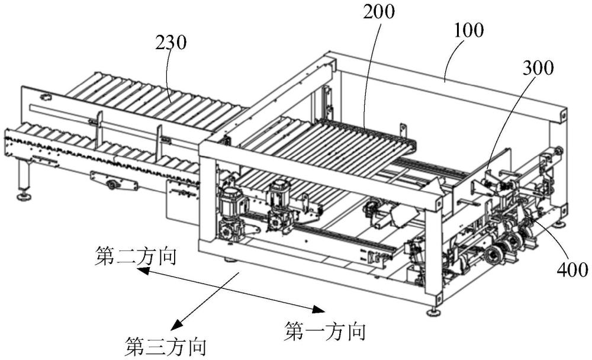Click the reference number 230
pyautogui.click(x=171, y=43)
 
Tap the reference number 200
pyautogui.click(x=379, y=12)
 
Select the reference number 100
pyautogui.click(x=468, y=30)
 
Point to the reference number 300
pyautogui.click(x=538, y=68)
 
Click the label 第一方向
pyautogui.click(x=326, y=332)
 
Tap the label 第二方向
pyautogui.click(x=136, y=256)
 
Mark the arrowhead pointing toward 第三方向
pyautogui.click(x=176, y=325)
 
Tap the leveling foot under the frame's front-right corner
pyautogui.click(x=433, y=312)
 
